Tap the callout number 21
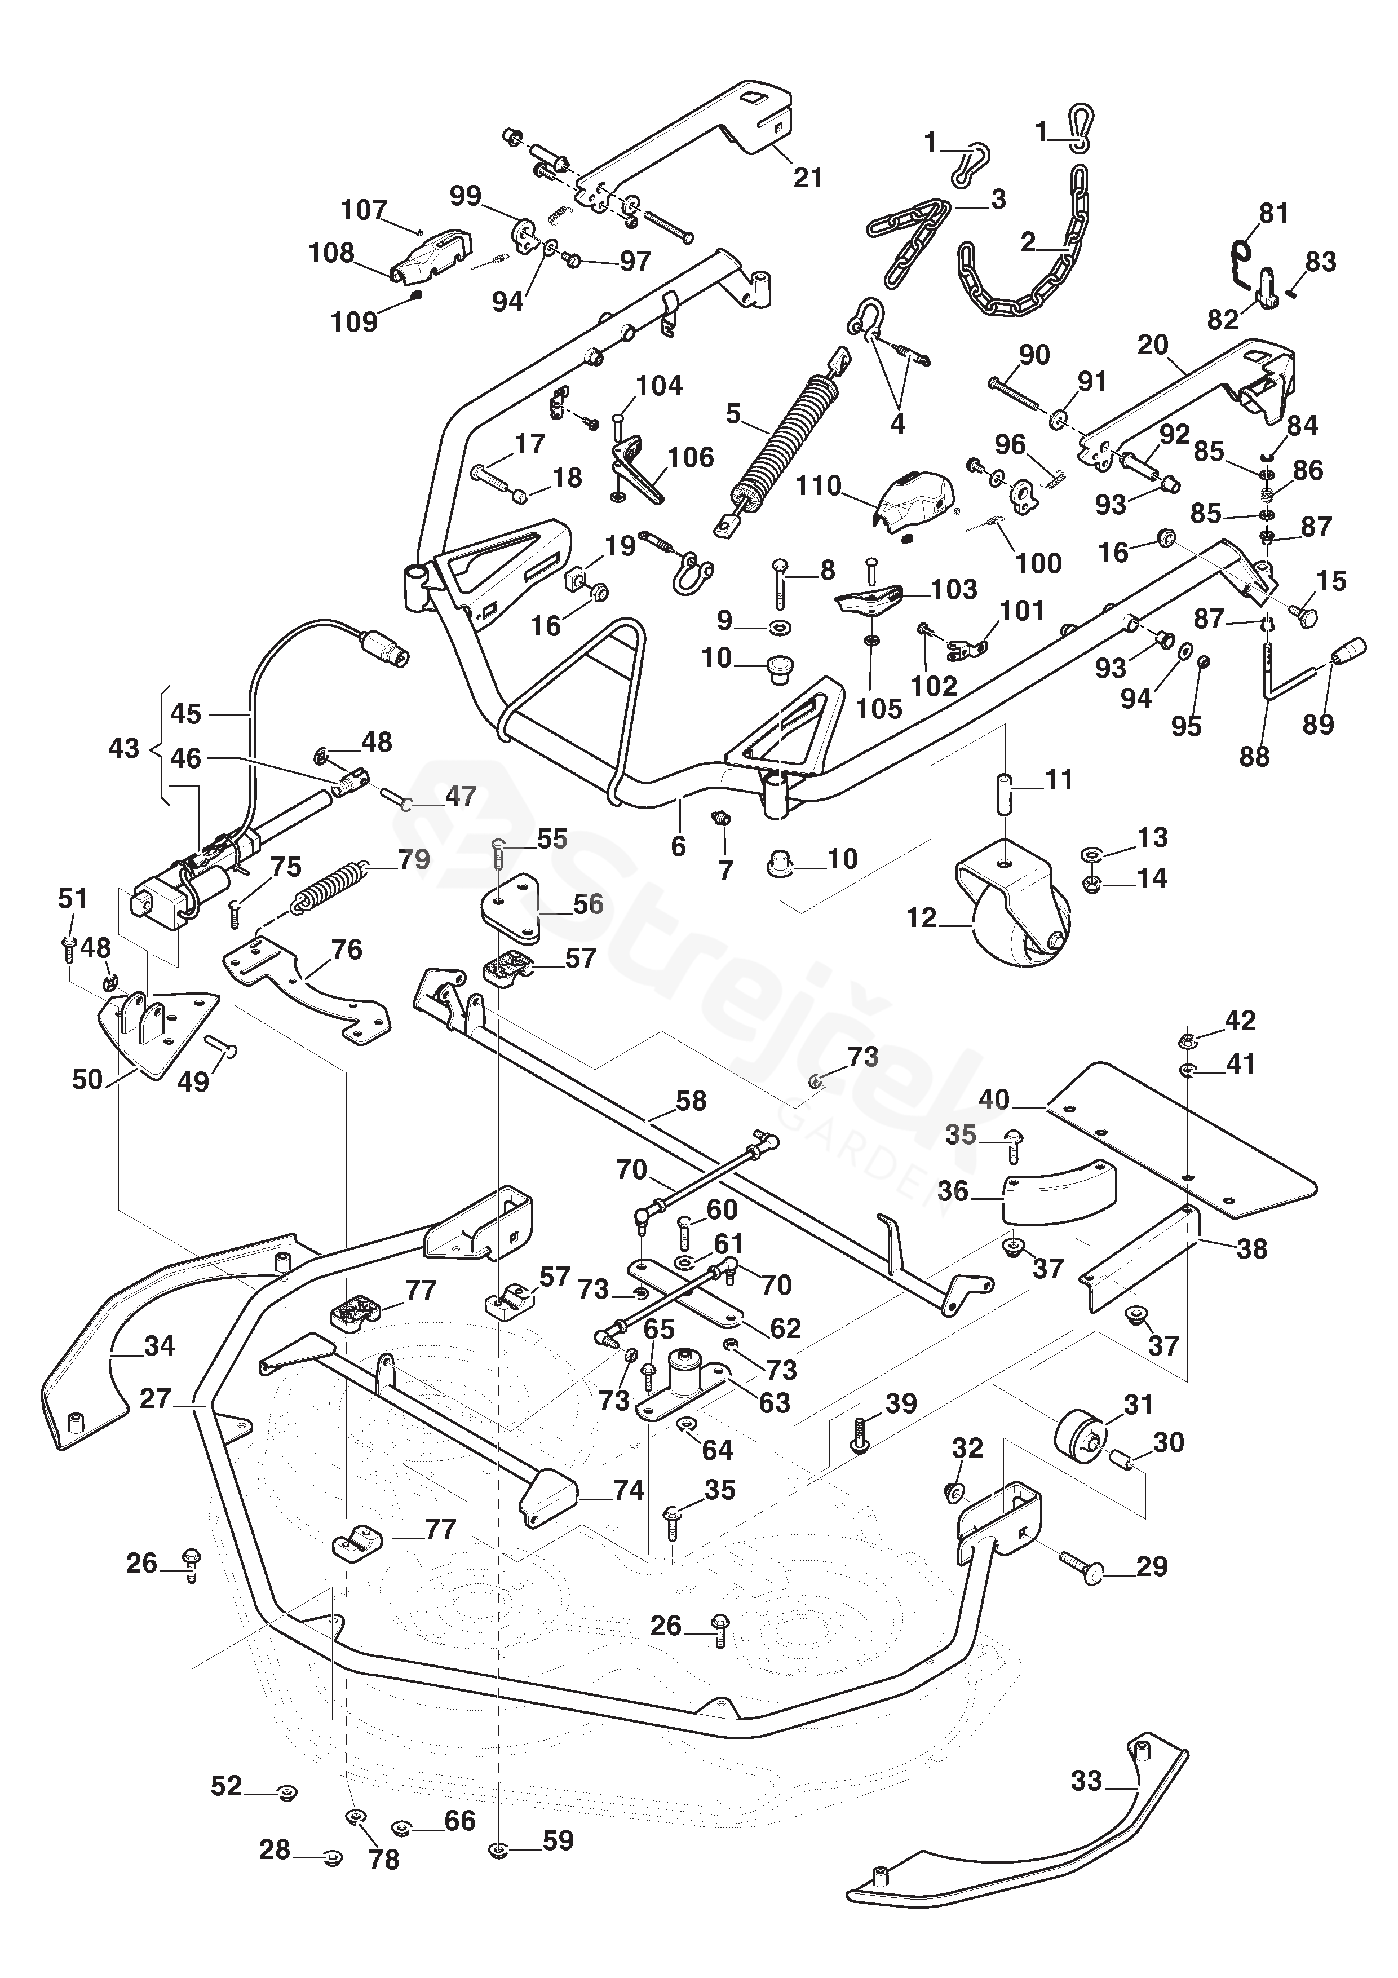click(x=807, y=178)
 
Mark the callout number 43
click(x=124, y=747)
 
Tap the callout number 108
click(x=331, y=253)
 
